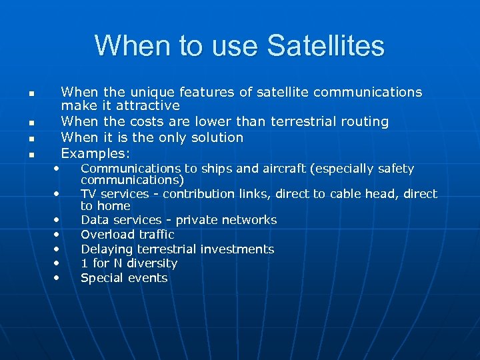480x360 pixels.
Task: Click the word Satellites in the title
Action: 325,46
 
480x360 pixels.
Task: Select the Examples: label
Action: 95,153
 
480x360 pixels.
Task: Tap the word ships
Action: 198,169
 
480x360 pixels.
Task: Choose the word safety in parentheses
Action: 393,169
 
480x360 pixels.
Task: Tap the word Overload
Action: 107,235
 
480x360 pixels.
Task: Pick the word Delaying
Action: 107,249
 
